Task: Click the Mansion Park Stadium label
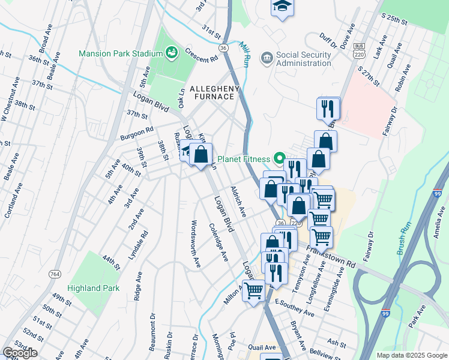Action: [121, 53]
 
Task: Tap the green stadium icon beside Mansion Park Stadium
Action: [172, 53]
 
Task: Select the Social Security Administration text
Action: [304, 59]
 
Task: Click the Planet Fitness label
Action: [244, 160]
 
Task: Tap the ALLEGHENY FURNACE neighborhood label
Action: [214, 94]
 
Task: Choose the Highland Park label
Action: [93, 288]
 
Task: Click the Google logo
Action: [20, 353]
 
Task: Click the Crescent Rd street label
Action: [201, 55]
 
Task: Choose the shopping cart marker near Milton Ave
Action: [254, 292]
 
